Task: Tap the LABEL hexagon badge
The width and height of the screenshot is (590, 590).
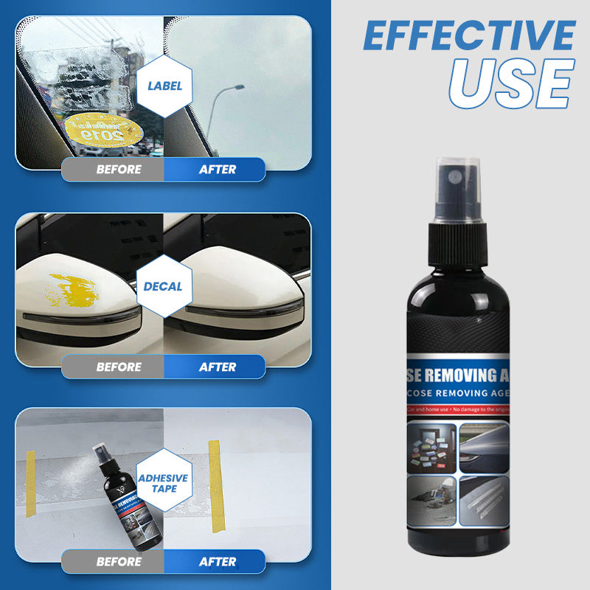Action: pos(164,86)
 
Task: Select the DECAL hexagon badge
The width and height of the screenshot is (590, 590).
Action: pos(164,285)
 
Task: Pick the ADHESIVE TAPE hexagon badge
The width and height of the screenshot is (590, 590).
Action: pos(164,483)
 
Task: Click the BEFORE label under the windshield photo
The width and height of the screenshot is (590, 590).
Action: pos(119,169)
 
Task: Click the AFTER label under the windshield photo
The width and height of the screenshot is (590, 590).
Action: pos(218,169)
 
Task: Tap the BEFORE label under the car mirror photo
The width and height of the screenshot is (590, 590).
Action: pos(119,367)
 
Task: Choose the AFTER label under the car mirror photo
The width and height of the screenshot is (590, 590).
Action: pos(218,367)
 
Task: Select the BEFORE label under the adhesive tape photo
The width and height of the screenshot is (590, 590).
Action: pos(119,561)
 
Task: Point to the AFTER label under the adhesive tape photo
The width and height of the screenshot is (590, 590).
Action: pos(218,561)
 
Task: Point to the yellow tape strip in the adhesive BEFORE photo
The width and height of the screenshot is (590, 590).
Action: pos(30,476)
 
